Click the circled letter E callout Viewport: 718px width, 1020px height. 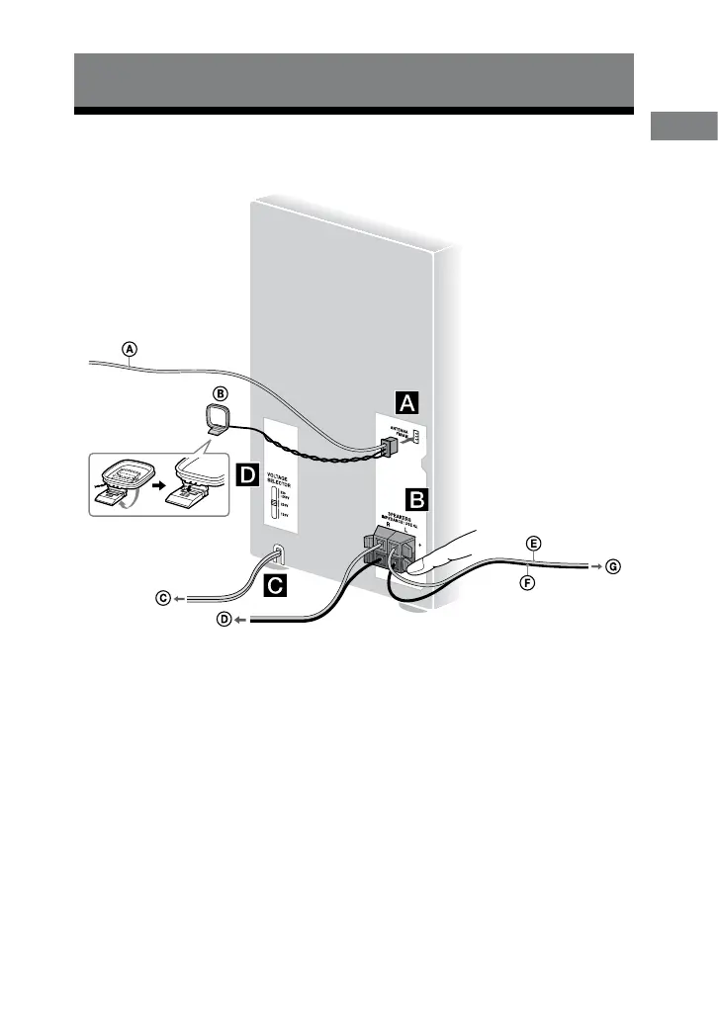click(x=533, y=545)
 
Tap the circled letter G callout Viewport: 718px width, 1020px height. click(x=615, y=566)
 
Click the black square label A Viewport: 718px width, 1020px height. click(x=407, y=402)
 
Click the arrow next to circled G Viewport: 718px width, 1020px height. click(x=595, y=566)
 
